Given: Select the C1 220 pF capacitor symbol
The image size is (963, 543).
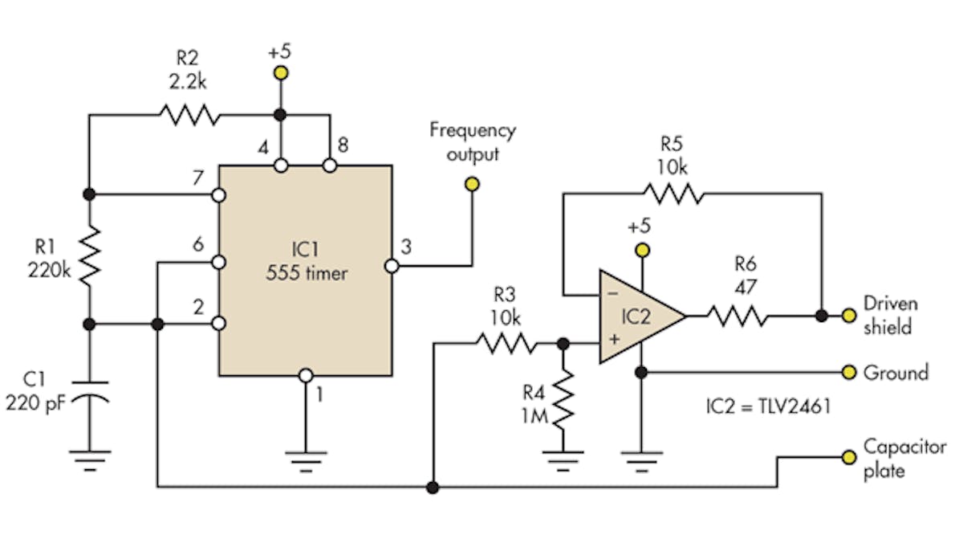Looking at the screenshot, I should (x=89, y=389).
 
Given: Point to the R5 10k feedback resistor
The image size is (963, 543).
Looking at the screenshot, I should (x=672, y=193).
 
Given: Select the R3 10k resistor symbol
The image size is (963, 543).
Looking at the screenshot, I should (x=505, y=344).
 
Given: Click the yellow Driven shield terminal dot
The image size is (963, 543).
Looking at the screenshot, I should (x=849, y=316).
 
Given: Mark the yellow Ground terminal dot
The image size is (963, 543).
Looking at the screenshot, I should (x=849, y=372).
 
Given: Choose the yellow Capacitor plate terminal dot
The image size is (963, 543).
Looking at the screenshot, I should (x=849, y=457).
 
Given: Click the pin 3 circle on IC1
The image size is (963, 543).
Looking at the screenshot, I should (x=392, y=266).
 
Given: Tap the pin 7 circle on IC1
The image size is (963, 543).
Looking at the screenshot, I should (x=219, y=195).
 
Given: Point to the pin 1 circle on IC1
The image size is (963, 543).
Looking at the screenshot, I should (x=305, y=375).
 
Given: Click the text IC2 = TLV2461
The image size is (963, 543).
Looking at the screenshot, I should (x=763, y=407).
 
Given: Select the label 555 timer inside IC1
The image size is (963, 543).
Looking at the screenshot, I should (x=307, y=273).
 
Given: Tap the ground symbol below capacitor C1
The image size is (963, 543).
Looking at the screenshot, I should (x=89, y=459).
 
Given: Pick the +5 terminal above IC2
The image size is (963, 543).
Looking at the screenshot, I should (x=640, y=250).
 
